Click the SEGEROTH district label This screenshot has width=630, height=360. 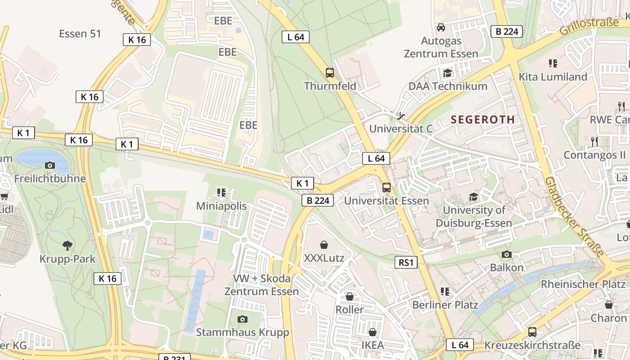pos(482,120)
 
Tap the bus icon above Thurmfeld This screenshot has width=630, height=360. pos(330,72)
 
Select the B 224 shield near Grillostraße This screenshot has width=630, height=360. pos(507,31)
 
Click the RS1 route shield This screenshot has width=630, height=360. pos(406,262)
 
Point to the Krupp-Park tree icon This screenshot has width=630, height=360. pos(67,245)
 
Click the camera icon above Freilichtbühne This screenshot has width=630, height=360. pos(50,165)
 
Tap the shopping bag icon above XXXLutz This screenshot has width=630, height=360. pos(324,245)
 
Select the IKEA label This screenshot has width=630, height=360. pos(373,345)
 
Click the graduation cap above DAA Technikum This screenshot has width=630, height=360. pos(447,73)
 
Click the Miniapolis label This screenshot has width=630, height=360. pos(221,206)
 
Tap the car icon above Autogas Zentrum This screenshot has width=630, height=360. pos(441,27)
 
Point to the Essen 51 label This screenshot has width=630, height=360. pos(80,34)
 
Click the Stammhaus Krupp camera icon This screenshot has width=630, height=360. pos(243,319)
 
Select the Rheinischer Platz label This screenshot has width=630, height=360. pos(583,284)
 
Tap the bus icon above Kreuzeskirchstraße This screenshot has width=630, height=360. pos(532,332)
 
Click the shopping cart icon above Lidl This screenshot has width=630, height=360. pos(4,196)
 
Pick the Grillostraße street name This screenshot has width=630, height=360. pos(589,27)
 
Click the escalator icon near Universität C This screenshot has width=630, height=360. pos(400,116)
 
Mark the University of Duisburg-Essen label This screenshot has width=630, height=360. pos(474,216)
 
